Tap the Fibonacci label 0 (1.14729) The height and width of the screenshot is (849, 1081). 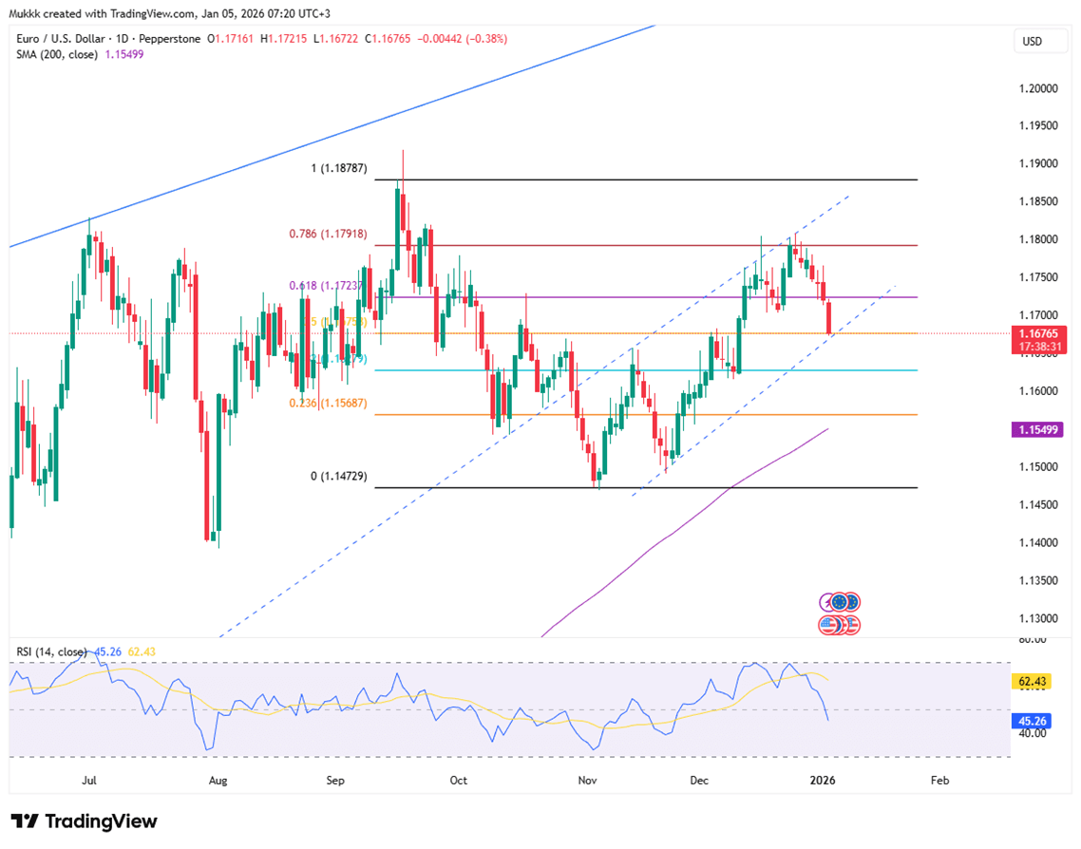coord(338,476)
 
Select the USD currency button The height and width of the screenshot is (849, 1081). coord(1031,42)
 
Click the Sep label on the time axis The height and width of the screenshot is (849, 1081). coord(334,781)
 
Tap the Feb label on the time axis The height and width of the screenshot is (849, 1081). coord(939,781)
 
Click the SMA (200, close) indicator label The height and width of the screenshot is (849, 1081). coord(65,54)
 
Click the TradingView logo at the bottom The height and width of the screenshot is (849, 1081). coord(85,821)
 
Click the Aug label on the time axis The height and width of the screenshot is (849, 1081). coord(218,781)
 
